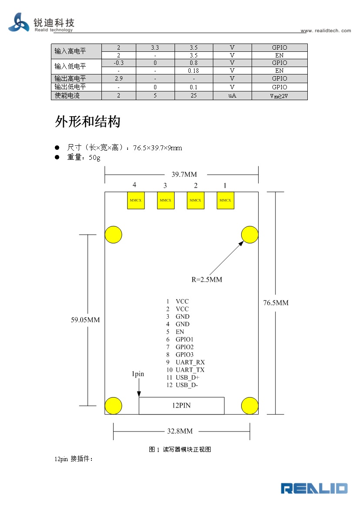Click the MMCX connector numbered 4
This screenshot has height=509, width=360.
(136, 200)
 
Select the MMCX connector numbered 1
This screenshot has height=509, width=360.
(225, 200)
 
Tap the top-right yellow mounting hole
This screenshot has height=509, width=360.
(249, 235)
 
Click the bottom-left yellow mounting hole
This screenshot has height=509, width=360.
(113, 406)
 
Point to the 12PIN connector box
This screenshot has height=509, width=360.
(182, 406)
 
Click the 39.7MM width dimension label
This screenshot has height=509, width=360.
(184, 175)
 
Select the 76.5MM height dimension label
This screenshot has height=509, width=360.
(276, 303)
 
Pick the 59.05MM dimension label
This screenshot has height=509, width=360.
(85, 320)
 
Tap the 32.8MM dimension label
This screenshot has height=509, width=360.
(180, 431)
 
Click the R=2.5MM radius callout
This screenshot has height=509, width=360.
(207, 280)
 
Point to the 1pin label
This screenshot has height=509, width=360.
(138, 374)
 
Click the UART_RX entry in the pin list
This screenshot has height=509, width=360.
(190, 362)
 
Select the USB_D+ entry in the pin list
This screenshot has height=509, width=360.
(187, 378)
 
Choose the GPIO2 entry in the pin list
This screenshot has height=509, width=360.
(185, 347)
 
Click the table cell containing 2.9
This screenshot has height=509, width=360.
(119, 78)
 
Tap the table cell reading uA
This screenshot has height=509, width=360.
(232, 95)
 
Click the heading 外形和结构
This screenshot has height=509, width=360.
(87, 122)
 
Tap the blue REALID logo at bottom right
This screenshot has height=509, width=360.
(314, 489)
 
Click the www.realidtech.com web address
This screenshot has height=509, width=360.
(326, 30)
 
